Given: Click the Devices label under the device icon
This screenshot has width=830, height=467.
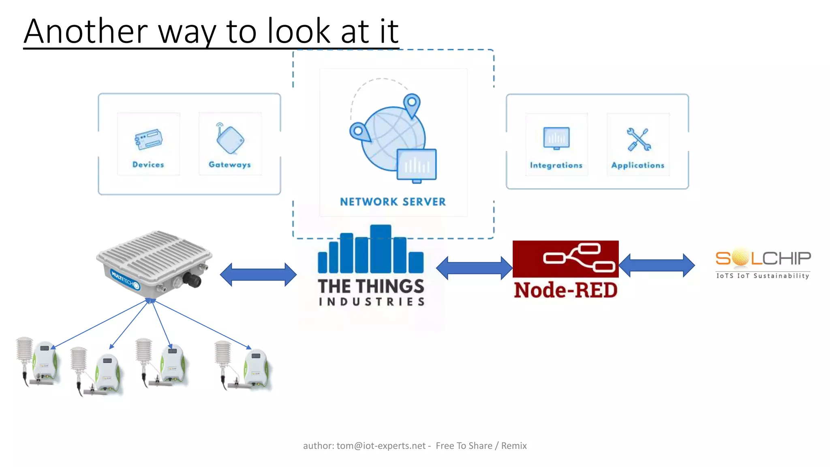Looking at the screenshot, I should [148, 165].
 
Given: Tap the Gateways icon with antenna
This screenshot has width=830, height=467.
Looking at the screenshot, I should [230, 139].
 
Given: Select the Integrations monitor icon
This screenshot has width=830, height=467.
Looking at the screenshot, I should [556, 138].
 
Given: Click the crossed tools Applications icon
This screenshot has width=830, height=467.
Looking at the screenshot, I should [638, 139].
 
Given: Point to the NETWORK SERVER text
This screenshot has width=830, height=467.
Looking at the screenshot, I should [393, 201].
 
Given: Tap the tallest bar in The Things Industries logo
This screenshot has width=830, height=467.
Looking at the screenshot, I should [380, 248].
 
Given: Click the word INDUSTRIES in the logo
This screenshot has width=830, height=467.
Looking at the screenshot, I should [371, 302].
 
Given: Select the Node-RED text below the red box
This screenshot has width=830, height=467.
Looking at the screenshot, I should [565, 290].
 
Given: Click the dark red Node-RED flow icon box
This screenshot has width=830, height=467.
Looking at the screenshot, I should [565, 259].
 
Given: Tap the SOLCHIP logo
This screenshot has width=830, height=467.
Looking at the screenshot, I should [763, 263].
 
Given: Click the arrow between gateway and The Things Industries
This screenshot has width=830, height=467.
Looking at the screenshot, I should [258, 274].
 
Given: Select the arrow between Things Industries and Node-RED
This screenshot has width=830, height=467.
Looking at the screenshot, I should [474, 268].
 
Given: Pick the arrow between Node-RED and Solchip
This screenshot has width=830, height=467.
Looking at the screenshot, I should [657, 266].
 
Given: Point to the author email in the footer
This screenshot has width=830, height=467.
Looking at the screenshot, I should [381, 446].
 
